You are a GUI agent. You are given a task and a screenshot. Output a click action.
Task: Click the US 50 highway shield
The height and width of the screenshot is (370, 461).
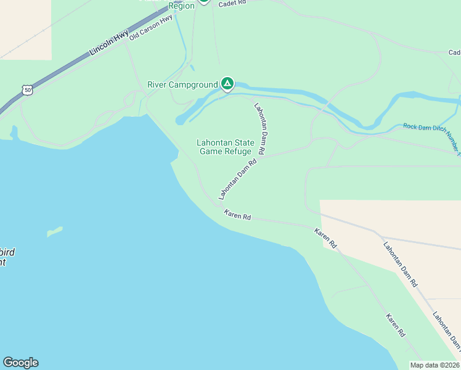pos(27,90)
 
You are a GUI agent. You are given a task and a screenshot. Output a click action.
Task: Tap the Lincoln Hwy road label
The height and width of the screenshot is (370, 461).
pos(109,44)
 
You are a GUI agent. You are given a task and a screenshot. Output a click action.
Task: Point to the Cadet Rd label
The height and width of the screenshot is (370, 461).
pos(232,2)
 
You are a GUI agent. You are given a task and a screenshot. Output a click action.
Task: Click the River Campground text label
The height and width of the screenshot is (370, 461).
pos(182,84)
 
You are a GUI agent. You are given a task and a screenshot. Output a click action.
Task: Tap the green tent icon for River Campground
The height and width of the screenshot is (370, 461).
pos(227,83)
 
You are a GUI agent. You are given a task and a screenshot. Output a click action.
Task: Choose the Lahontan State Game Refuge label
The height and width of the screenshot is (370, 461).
pos(225,147)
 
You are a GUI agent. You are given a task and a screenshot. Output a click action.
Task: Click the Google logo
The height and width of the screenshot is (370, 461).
pos(20,363)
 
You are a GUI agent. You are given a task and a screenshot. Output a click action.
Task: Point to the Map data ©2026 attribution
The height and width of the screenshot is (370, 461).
pos(434,365)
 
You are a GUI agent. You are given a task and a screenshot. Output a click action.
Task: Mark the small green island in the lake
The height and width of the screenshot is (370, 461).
pos(54,232)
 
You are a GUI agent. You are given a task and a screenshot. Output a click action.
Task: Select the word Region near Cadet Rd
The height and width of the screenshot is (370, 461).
pos(182,6)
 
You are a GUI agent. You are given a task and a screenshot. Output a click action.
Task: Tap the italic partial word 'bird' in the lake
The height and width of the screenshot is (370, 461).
pos(7,252)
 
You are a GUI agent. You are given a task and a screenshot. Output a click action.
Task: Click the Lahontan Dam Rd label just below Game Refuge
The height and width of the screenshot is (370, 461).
pos(238,179)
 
